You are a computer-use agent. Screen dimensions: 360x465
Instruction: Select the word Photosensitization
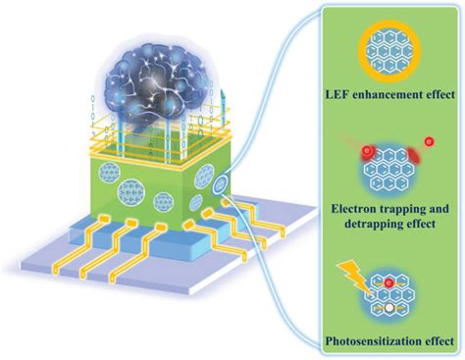(x=369, y=342)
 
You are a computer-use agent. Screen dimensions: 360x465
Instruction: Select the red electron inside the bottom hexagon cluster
(x=390, y=283)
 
